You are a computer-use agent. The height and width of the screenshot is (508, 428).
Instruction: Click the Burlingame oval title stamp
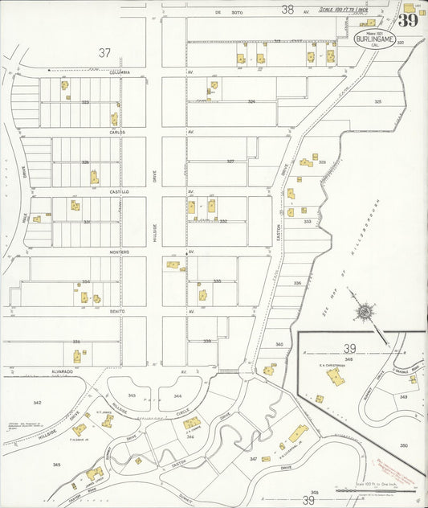(369, 36)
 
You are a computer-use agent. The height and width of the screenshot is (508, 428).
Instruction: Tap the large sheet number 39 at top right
(408, 20)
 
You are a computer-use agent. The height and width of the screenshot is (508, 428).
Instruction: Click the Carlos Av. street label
(119, 132)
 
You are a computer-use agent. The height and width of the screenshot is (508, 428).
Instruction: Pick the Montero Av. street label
(119, 252)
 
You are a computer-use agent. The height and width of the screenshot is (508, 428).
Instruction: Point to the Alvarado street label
(63, 371)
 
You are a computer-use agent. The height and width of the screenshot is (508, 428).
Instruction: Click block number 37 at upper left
(104, 53)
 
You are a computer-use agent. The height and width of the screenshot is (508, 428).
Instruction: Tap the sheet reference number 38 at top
(287, 10)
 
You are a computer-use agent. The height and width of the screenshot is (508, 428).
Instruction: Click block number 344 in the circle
(178, 396)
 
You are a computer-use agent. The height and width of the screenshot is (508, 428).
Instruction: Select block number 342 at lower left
(37, 402)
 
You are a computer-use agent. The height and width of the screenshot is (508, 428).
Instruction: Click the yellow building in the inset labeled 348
(335, 377)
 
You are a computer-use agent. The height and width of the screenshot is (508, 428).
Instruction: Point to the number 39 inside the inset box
(350, 349)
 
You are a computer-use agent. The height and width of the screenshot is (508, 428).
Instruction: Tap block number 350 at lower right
(404, 445)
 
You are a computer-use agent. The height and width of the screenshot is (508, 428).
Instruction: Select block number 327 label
(230, 162)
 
